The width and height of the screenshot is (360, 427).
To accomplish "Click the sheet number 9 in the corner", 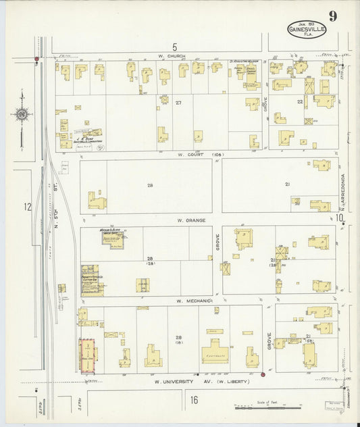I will click(x=333, y=16).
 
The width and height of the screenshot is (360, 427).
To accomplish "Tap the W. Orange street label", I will click(x=190, y=220).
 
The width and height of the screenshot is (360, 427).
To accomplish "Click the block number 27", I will click(x=178, y=103).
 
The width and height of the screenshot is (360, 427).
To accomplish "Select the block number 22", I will click(x=299, y=101).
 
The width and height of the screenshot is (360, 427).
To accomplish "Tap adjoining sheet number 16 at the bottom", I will click(x=194, y=400).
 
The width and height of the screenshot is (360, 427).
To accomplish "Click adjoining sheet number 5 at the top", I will click(x=174, y=47).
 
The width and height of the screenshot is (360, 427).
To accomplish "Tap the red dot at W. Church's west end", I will click(x=36, y=59).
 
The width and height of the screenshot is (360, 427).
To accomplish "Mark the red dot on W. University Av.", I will click(x=261, y=373).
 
